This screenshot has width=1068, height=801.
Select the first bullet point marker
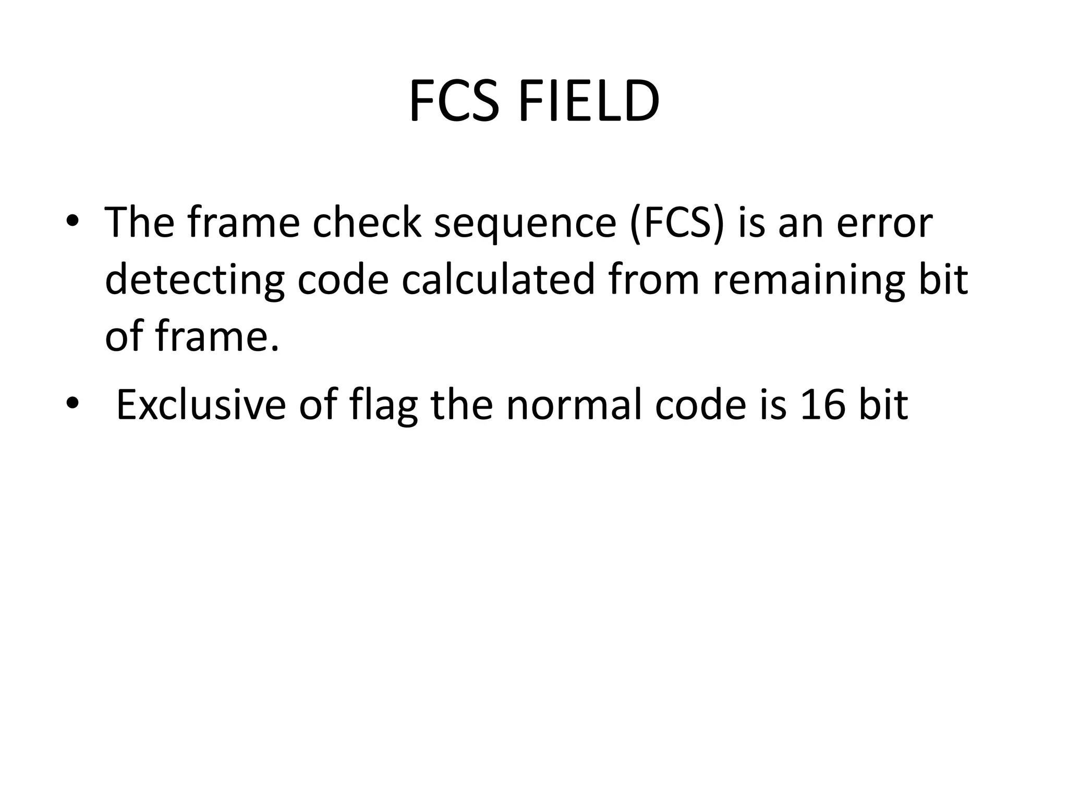(x=72, y=221)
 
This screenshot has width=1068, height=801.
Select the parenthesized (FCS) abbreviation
(x=677, y=223)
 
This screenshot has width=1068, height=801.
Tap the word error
(x=884, y=223)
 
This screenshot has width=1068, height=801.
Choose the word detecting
(x=195, y=281)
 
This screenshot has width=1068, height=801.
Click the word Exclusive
(x=201, y=404)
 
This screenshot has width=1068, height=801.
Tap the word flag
(x=384, y=405)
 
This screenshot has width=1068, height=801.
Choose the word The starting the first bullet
(x=140, y=222)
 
